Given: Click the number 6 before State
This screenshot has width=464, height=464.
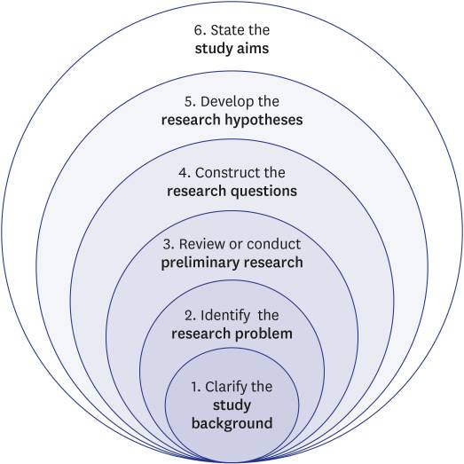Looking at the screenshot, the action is click(x=199, y=30).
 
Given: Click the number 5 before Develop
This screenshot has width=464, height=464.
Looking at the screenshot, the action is click(x=189, y=102).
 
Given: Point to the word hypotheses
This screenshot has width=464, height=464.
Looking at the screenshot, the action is click(x=263, y=121).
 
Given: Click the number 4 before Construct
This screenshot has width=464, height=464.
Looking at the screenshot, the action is click(x=184, y=173).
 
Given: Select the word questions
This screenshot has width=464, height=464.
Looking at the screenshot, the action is click(x=264, y=192).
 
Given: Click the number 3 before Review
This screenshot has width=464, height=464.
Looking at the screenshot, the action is click(x=168, y=245).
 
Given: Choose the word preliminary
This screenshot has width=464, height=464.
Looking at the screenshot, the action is click(x=201, y=263).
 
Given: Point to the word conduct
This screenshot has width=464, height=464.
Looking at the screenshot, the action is click(x=274, y=244).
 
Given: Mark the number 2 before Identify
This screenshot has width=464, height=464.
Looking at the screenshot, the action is click(x=190, y=316).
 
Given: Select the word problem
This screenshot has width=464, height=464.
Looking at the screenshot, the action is click(x=263, y=334).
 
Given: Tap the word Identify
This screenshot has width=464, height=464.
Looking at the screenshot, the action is click(x=225, y=316).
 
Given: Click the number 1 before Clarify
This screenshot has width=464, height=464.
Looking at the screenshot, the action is click(x=196, y=387).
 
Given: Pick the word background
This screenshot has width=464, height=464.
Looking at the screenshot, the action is click(x=232, y=423).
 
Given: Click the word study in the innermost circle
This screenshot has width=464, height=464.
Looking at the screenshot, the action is click(x=232, y=405).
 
